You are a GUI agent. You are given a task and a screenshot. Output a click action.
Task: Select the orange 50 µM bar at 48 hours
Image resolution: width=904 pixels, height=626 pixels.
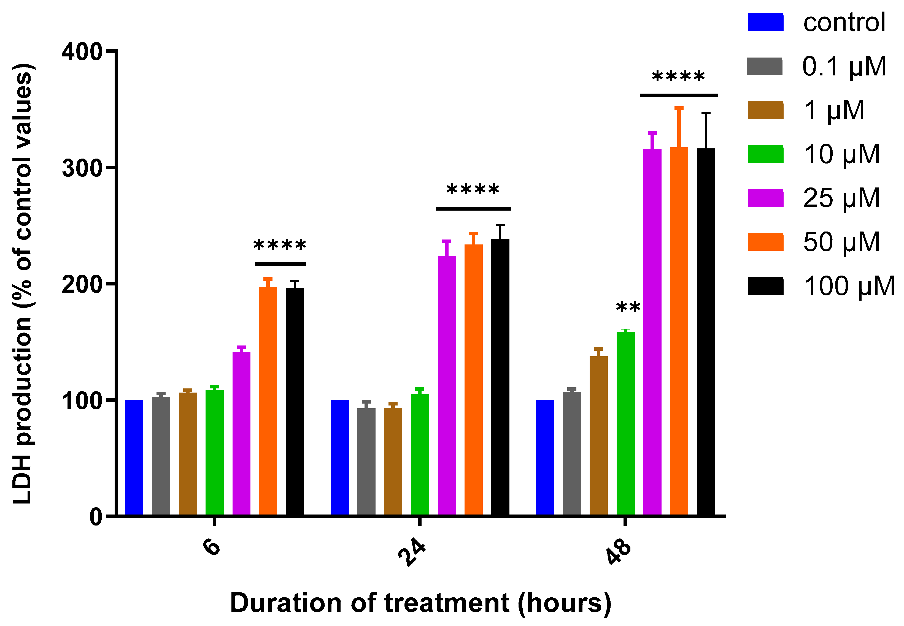(679, 331)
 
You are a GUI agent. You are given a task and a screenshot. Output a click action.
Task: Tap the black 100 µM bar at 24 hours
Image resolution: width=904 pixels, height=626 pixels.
(500, 377)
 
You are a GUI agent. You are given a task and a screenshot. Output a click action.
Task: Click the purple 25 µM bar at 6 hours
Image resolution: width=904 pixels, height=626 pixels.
(241, 433)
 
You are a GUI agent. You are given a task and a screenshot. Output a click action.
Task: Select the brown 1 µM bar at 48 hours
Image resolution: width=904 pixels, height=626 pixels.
(599, 436)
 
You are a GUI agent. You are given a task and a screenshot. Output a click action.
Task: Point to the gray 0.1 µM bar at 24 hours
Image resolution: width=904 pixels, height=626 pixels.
(366, 462)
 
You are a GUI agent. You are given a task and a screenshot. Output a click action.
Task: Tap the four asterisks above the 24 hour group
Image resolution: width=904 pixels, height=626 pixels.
(473, 190)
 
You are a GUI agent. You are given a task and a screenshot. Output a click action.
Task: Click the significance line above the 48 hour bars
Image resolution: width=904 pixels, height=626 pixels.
(679, 95)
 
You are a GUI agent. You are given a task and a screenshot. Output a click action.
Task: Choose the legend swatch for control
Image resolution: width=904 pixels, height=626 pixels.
(765, 22)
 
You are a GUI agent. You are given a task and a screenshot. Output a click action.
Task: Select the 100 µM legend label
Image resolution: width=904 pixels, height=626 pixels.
(849, 286)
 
